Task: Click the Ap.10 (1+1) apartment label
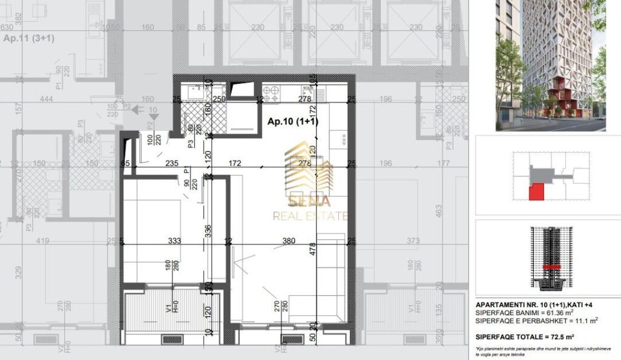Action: click(293, 122)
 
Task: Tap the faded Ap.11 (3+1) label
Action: click(29, 39)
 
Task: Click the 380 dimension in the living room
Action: click(289, 241)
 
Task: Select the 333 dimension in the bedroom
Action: click(175, 241)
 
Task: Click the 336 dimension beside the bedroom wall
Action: click(208, 230)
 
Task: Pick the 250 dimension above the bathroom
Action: click(219, 99)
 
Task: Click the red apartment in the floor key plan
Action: click(537, 193)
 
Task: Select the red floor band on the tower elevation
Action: click(551, 267)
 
